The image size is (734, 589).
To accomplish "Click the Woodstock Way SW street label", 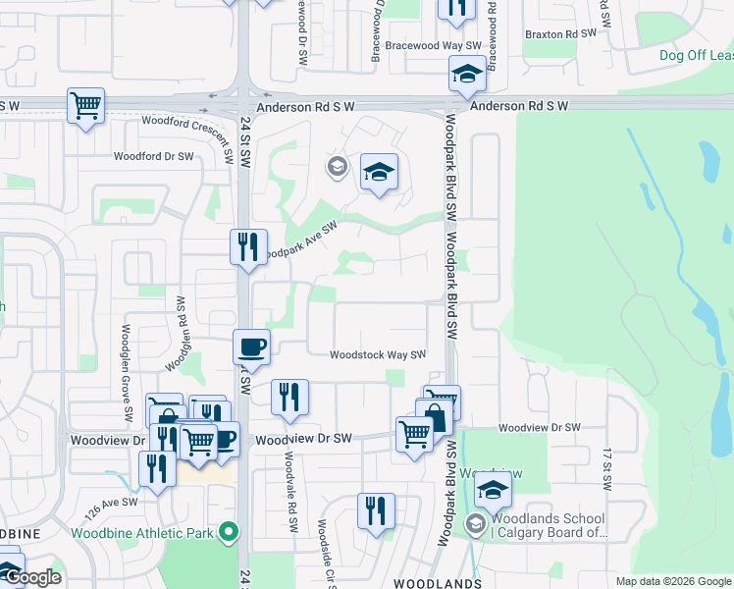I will pos(377,355).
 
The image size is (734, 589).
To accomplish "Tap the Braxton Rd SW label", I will pos(560,33).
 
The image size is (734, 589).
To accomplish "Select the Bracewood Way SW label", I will pos(433,46).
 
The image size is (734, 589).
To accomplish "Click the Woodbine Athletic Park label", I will pos(142,533).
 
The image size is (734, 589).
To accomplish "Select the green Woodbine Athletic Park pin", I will pos(230,533).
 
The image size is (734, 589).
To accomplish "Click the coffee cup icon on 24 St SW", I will pos(252,348).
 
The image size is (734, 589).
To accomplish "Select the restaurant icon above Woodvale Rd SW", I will pos(289,398).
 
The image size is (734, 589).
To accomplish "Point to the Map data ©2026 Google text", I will pos(672,581).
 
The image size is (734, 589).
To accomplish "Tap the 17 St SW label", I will pos(606,467).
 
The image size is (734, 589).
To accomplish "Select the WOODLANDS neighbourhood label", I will pos(442,582).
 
